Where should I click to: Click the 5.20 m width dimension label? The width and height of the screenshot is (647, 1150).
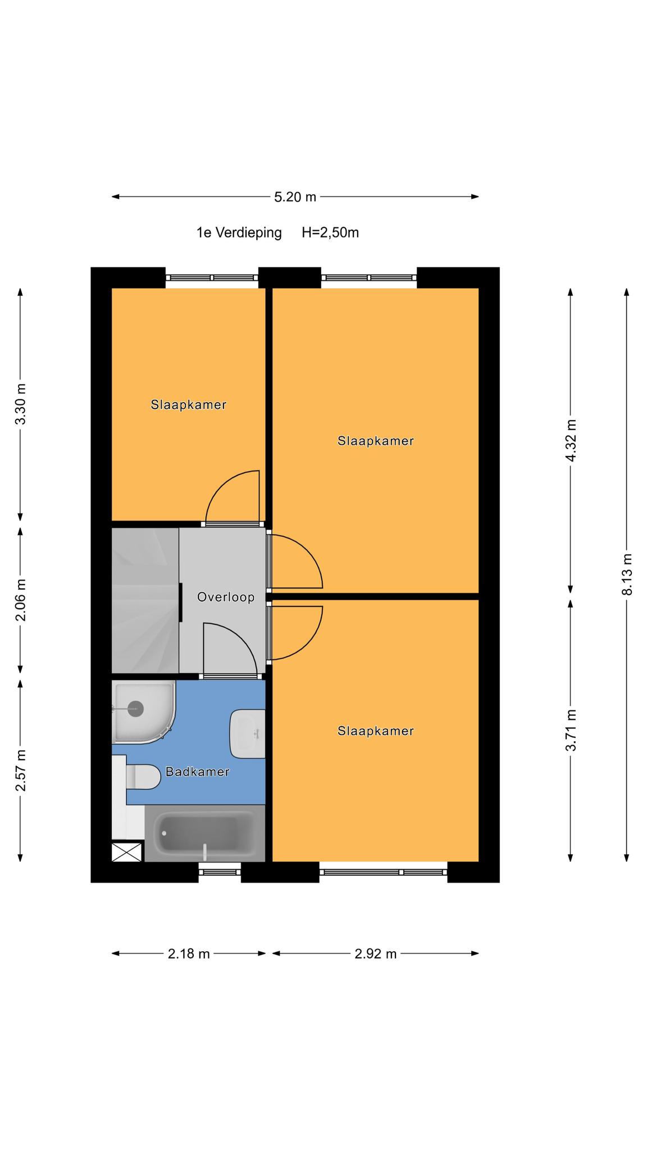(x=295, y=197)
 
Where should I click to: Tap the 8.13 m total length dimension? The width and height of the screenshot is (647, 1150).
(x=627, y=574)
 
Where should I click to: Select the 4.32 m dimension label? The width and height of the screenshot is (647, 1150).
(x=571, y=440)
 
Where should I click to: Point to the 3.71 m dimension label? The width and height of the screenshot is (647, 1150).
(x=571, y=730)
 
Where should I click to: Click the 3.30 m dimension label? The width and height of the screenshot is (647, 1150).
(x=21, y=404)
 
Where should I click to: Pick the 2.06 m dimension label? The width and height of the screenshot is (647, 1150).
(x=21, y=600)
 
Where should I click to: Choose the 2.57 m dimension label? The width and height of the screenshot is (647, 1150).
(x=21, y=770)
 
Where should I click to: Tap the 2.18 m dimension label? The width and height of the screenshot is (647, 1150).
(x=189, y=953)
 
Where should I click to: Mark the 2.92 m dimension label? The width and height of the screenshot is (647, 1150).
(x=376, y=953)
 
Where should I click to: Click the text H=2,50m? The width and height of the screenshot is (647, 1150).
(x=330, y=232)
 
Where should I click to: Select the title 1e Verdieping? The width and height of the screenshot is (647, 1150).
(x=239, y=232)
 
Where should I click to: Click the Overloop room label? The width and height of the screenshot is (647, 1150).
(x=226, y=597)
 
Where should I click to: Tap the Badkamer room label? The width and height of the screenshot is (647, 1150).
(x=198, y=772)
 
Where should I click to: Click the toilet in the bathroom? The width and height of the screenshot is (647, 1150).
(x=144, y=777)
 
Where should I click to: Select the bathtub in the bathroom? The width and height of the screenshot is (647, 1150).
(x=205, y=833)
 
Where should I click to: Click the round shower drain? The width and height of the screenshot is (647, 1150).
(x=136, y=709)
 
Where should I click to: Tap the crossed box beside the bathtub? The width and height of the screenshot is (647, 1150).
(x=127, y=852)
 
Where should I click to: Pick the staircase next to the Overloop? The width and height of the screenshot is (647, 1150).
(x=145, y=600)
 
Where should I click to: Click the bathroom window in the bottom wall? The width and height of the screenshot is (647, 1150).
(x=220, y=872)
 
